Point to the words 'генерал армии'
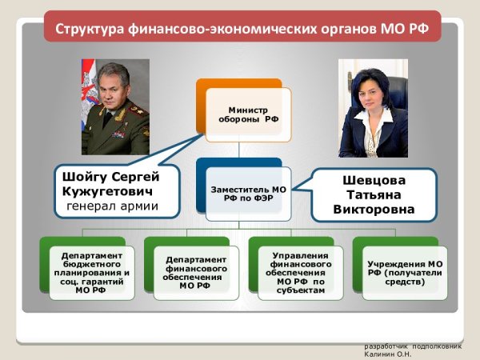click(x=111, y=207)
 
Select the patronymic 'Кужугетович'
click(x=110, y=192)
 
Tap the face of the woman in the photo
click(x=373, y=90)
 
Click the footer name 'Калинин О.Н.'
click(x=387, y=353)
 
